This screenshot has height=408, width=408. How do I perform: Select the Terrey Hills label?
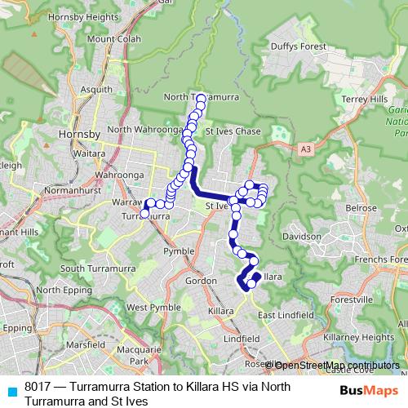(x=365, y=99)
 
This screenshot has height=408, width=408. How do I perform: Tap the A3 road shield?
(x=305, y=149)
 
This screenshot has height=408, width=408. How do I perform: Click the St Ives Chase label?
(x=234, y=131)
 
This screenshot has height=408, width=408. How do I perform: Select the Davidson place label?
(x=303, y=236)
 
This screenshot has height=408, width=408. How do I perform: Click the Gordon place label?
(x=201, y=281)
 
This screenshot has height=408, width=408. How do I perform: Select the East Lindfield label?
(x=286, y=315)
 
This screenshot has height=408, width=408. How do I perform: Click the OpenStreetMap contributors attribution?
(x=337, y=365)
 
